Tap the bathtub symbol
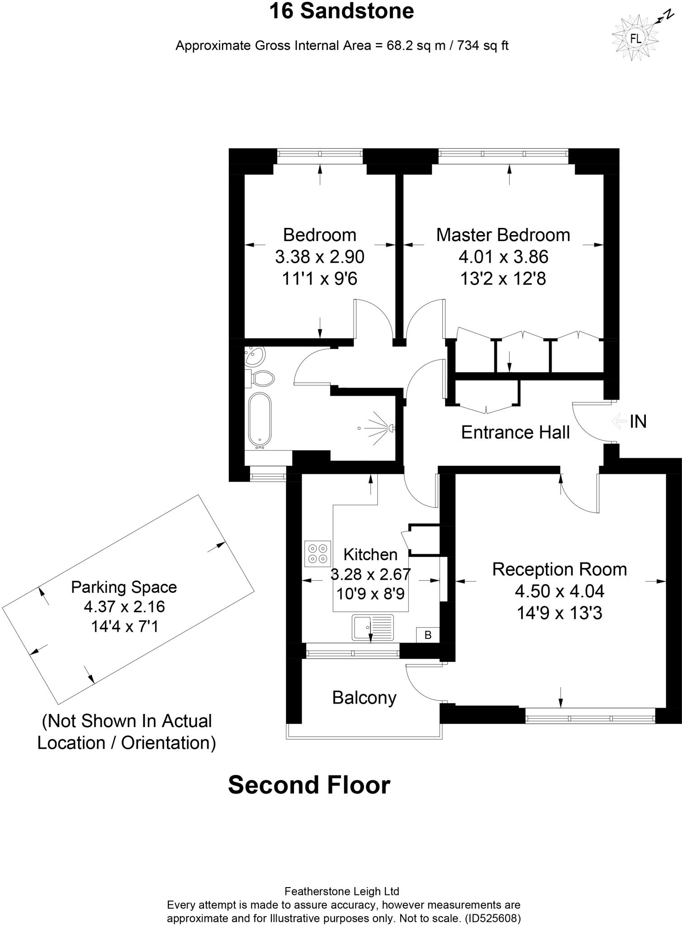click(x=260, y=419)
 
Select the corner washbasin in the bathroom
click(x=254, y=356)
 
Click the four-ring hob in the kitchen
click(x=318, y=553)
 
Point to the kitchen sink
click(x=373, y=627)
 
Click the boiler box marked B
click(x=428, y=635)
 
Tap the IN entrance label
click(x=638, y=421)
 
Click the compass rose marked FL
click(x=635, y=39)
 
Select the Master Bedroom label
click(x=503, y=235)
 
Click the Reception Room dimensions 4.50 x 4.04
click(x=559, y=591)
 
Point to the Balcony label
click(x=364, y=698)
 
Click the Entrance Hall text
click(x=515, y=432)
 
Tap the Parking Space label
click(x=124, y=587)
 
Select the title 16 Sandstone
click(x=341, y=11)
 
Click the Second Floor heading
click(x=309, y=785)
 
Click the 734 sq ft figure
click(x=483, y=46)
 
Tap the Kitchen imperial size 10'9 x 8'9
click(x=370, y=593)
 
